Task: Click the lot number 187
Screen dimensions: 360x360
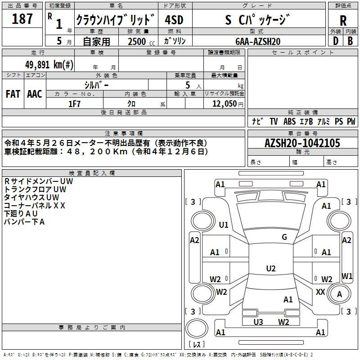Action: tap(22, 18)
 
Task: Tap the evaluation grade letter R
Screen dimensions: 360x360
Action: tap(343, 21)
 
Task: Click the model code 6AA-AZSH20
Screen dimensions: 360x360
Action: tap(258, 41)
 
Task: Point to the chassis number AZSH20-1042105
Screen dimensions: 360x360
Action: tap(302, 143)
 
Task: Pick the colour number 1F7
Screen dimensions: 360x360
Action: tap(74, 104)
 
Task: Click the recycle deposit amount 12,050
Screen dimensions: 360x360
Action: tap(224, 104)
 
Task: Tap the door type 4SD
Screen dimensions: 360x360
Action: tap(174, 20)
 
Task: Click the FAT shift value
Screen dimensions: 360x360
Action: tap(13, 94)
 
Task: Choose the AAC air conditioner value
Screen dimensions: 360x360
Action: tap(35, 94)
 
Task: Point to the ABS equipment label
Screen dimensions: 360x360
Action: tap(289, 121)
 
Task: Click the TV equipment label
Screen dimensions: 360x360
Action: tap(274, 121)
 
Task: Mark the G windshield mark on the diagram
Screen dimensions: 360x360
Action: tap(284, 237)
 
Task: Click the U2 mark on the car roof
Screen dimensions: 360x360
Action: tap(271, 268)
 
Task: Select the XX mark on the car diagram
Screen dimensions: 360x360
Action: tap(320, 292)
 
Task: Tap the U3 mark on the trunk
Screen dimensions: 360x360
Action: tap(258, 322)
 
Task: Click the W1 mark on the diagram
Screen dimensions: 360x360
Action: tap(347, 276)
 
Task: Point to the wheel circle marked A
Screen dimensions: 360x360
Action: tap(339, 294)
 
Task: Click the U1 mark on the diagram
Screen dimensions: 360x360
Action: tap(223, 225)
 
